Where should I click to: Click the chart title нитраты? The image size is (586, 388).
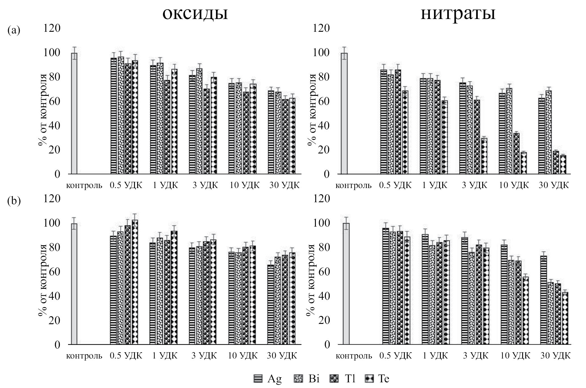pyautogui.click(x=458, y=13)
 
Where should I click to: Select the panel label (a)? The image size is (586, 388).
pyautogui.click(x=14, y=30)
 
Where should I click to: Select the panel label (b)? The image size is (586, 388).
pyautogui.click(x=14, y=201)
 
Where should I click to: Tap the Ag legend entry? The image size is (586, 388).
pyautogui.click(x=268, y=379)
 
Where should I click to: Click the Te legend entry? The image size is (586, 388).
pyautogui.click(x=378, y=379)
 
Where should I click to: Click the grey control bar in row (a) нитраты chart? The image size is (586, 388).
pyautogui.click(x=344, y=113)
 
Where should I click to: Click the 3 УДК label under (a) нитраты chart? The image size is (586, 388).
pyautogui.click(x=475, y=185)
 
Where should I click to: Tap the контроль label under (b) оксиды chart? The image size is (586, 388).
pyautogui.click(x=84, y=356)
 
